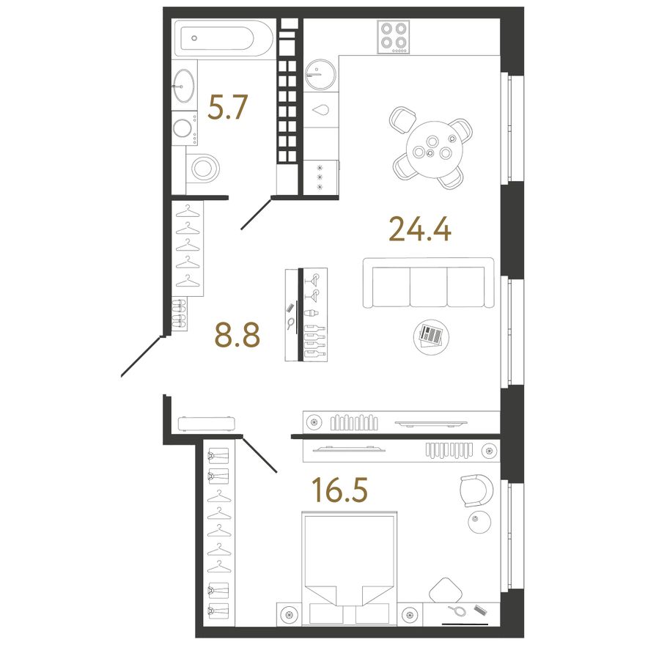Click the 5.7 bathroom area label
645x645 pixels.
[x=227, y=107]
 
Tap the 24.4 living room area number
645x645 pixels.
[x=420, y=229]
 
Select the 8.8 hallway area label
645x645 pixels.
[x=237, y=335]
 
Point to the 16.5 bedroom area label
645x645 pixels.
[x=340, y=490]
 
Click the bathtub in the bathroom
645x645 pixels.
[x=224, y=38]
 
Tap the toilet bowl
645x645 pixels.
[x=203, y=169]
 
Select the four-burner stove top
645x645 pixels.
[x=394, y=37]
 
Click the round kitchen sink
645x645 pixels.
[x=320, y=74]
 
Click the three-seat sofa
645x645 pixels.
[x=428, y=283]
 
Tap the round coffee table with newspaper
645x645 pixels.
[x=431, y=336]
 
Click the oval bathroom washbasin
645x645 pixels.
[x=183, y=86]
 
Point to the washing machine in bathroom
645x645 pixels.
[x=184, y=128]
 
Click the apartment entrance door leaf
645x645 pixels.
[x=141, y=357]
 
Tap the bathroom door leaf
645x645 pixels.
[x=256, y=214]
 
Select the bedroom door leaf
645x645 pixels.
[x=260, y=454]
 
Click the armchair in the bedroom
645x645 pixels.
[x=476, y=490]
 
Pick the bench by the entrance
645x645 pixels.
[x=207, y=424]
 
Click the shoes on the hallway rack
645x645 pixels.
[x=180, y=314]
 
